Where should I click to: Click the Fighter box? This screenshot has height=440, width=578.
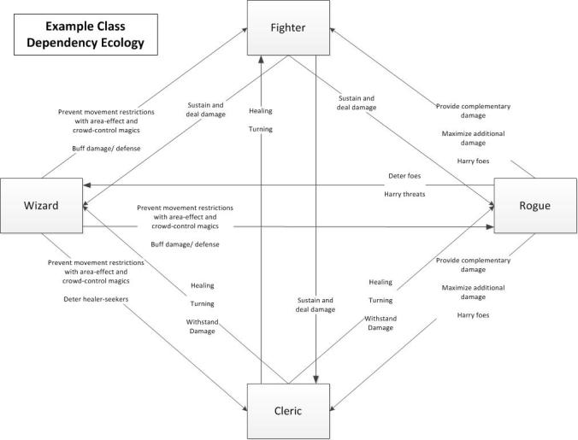288,27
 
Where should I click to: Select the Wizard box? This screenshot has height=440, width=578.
41,206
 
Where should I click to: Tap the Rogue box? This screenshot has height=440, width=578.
534,206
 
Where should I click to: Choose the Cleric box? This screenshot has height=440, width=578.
288,409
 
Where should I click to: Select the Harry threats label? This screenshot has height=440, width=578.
404,194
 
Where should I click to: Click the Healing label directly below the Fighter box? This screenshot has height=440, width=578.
261,111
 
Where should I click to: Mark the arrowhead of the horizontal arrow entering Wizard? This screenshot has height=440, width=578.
86,185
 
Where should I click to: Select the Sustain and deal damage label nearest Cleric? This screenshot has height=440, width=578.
316,304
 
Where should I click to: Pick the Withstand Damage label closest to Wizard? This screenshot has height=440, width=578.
202,326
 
